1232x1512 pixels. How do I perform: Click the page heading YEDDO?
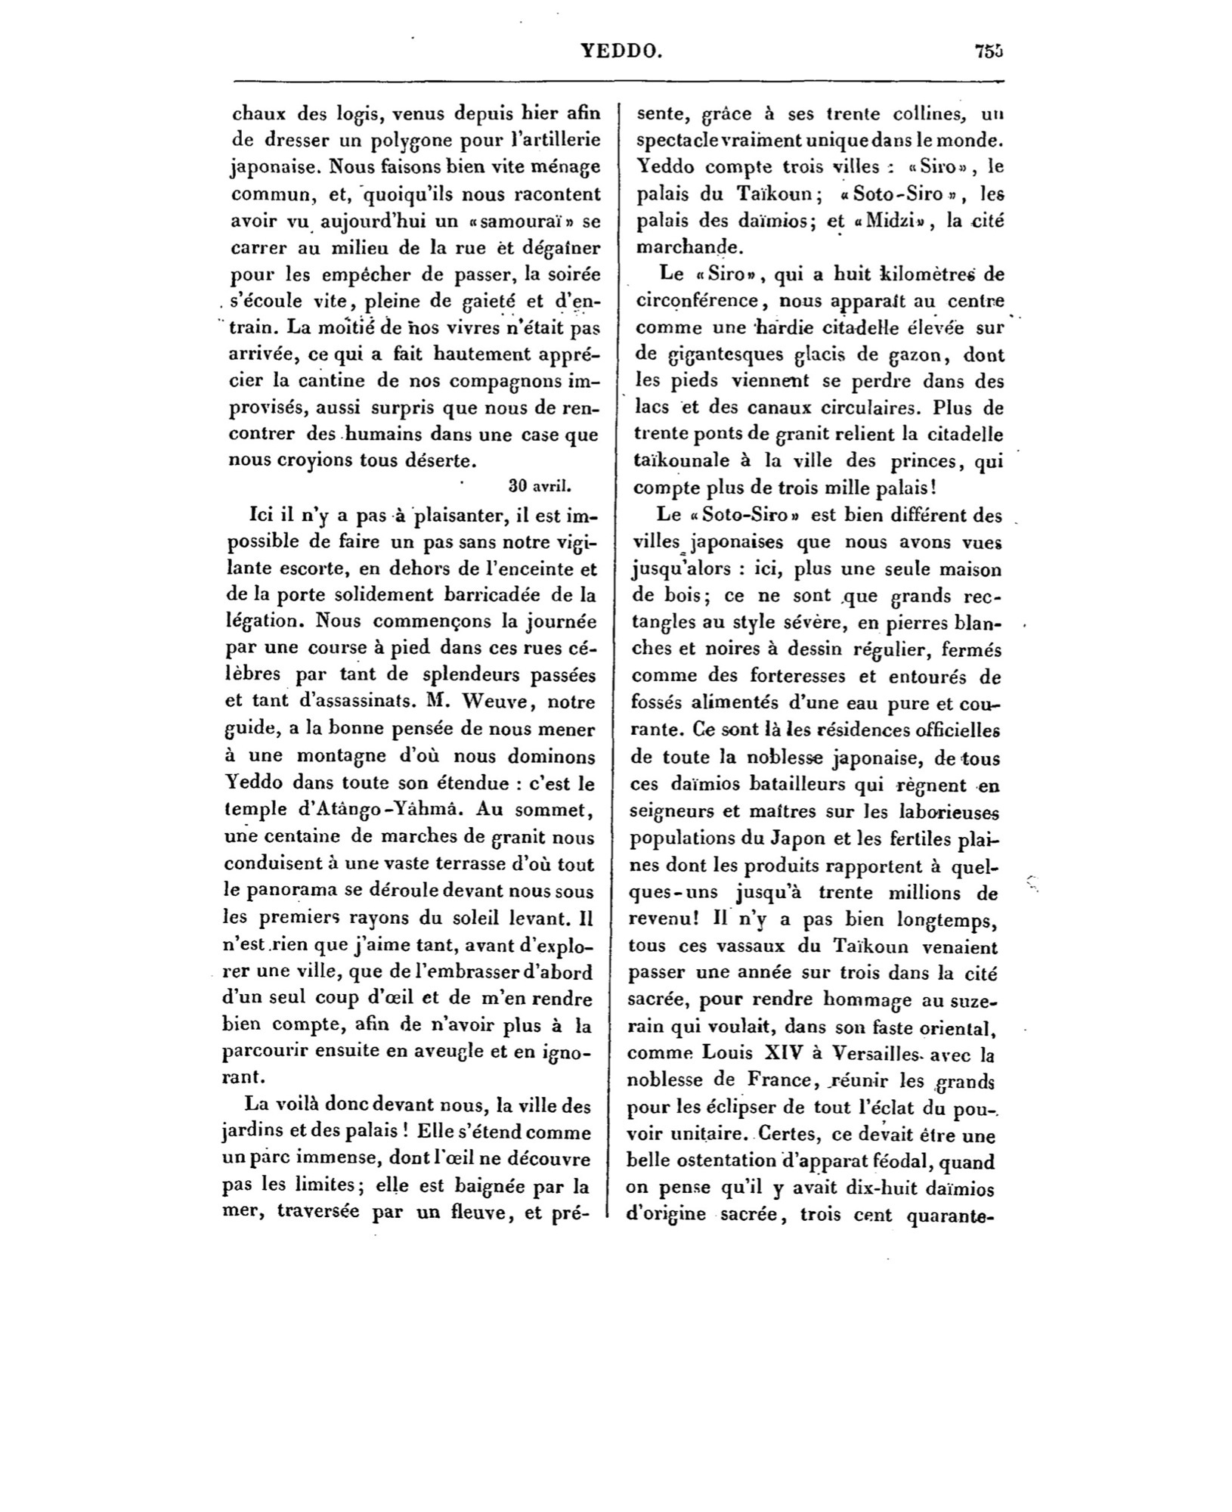(x=622, y=51)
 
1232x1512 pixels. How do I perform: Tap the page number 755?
(x=988, y=51)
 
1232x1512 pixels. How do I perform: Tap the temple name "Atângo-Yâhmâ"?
(x=392, y=809)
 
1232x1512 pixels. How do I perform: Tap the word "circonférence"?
(x=698, y=301)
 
